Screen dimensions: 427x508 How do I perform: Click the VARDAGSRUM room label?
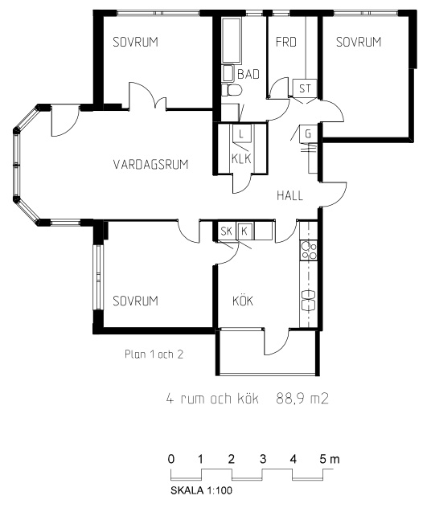tap(150, 164)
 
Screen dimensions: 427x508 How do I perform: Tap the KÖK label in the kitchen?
tap(243, 301)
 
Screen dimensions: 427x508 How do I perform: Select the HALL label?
tap(289, 195)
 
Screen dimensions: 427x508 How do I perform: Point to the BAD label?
tap(248, 74)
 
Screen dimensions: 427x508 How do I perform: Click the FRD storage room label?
tap(286, 42)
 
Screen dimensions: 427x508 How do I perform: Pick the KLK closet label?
tap(241, 159)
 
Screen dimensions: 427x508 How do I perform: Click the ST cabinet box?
tap(305, 88)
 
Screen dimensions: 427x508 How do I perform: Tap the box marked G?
tap(308, 133)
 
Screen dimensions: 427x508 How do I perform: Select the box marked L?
tap(241, 133)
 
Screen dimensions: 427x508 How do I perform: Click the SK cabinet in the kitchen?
tap(227, 231)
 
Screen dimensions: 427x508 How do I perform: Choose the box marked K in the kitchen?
tap(244, 231)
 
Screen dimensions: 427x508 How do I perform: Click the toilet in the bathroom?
tap(232, 90)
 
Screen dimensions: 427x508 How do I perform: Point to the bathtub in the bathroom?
tap(232, 40)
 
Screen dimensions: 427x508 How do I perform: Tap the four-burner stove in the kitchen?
tap(308, 251)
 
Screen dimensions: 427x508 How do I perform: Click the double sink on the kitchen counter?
tap(308, 301)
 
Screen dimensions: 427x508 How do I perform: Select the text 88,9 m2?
tap(302, 399)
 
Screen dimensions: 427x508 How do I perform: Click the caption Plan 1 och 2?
tap(154, 354)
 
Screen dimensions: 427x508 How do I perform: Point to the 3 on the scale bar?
tap(263, 459)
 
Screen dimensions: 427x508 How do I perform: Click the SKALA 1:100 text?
tap(201, 490)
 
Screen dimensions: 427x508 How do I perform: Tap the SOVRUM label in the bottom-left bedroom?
tap(135, 301)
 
